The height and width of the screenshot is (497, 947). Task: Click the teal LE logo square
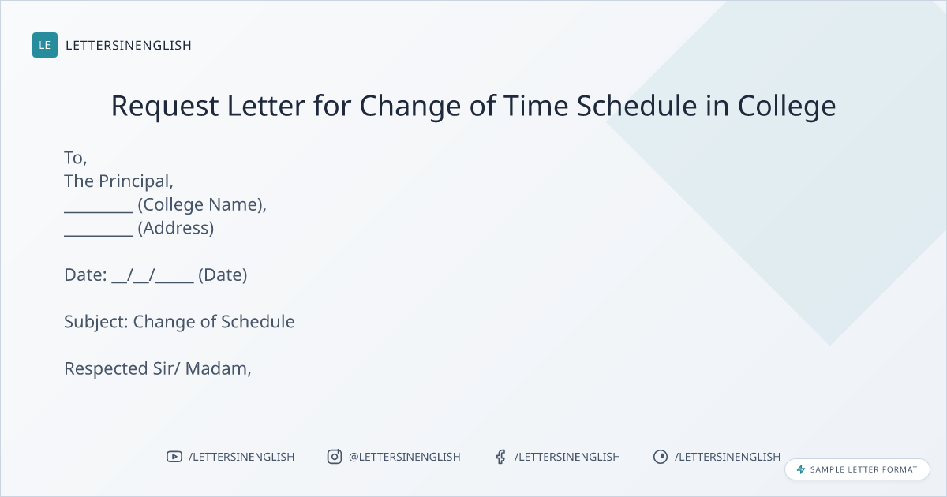click(x=45, y=45)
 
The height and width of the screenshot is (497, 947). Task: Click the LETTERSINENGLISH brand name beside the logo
click(x=129, y=45)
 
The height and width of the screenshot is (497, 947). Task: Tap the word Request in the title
click(x=165, y=106)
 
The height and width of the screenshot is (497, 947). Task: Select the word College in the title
click(x=787, y=106)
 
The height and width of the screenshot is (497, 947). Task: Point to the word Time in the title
click(x=536, y=105)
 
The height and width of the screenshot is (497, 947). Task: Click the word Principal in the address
click(x=136, y=181)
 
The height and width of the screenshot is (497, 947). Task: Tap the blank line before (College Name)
click(x=99, y=212)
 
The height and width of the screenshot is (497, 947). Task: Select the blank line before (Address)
click(x=99, y=235)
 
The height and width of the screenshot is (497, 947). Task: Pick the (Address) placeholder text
click(x=176, y=228)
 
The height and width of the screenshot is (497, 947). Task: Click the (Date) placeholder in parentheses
click(x=223, y=275)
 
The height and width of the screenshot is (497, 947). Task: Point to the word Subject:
click(x=96, y=322)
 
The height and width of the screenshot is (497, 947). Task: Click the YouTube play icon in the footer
click(x=174, y=457)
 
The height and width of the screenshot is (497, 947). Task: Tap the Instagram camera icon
click(x=335, y=457)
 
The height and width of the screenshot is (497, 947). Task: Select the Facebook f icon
click(x=500, y=457)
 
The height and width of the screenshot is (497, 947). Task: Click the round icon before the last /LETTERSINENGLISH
click(x=661, y=457)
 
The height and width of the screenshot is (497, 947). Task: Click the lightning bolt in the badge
click(x=801, y=469)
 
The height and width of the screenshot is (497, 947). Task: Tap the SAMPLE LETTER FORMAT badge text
click(x=863, y=469)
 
